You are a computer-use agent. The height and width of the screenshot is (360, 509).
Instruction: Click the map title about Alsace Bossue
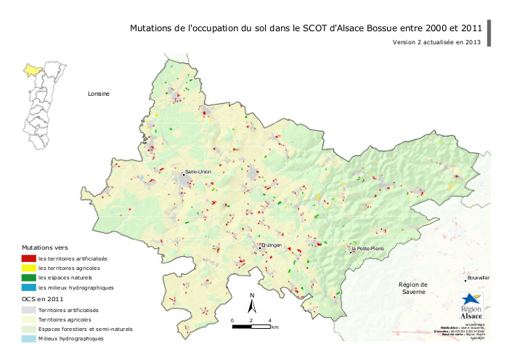306,28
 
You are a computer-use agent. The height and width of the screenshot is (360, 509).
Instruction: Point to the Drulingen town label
270,245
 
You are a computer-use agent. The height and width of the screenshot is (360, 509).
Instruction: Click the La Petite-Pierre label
368,249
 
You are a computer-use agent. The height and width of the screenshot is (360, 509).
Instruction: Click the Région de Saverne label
415,288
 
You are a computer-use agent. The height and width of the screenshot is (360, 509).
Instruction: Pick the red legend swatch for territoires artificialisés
29,258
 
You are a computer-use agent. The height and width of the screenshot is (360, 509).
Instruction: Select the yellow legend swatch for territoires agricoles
29,268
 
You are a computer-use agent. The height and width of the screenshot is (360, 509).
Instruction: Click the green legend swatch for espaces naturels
29,278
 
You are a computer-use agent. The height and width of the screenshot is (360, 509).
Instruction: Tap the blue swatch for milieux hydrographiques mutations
29,287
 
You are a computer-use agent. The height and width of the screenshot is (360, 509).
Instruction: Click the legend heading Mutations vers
45,247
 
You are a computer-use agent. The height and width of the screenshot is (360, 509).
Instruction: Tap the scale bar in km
251,326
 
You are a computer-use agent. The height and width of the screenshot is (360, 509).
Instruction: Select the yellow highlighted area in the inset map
32,70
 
